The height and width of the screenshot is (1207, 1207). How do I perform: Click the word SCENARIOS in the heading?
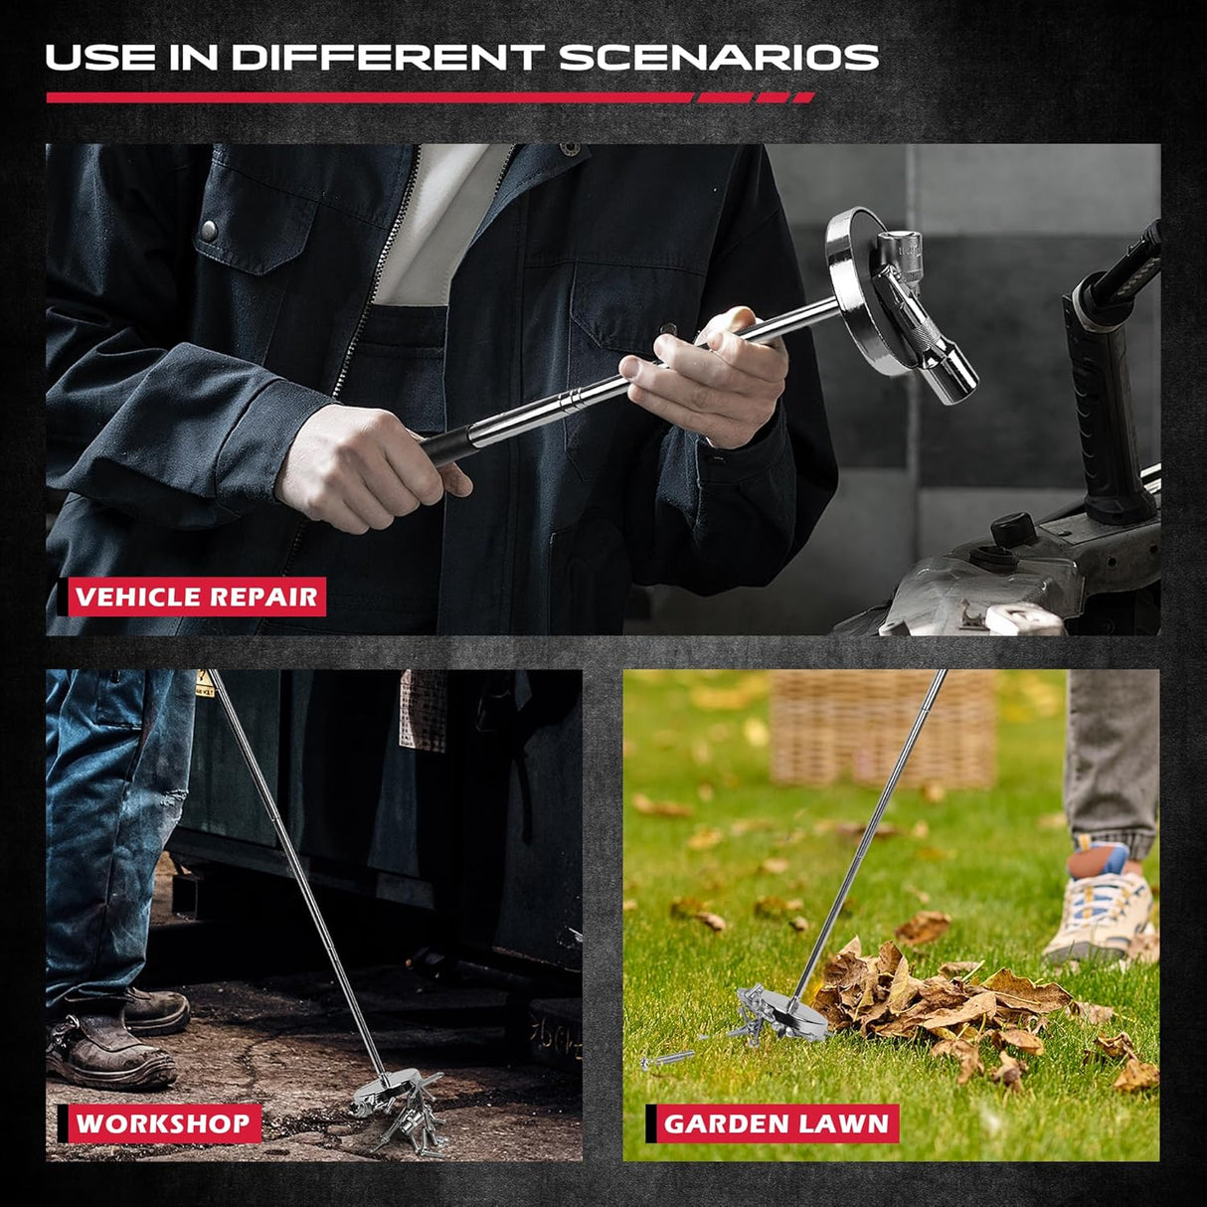click(718, 58)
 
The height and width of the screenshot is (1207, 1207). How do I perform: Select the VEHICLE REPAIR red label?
click(197, 598)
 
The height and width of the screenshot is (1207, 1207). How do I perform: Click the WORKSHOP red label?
click(162, 1124)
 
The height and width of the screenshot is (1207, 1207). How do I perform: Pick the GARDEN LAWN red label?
click(776, 1124)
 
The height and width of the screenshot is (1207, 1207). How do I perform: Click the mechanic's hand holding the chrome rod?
click(711, 373)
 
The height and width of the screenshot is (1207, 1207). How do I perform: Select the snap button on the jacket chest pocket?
click(209, 231)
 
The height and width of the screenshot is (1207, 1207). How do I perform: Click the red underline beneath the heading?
click(428, 97)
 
